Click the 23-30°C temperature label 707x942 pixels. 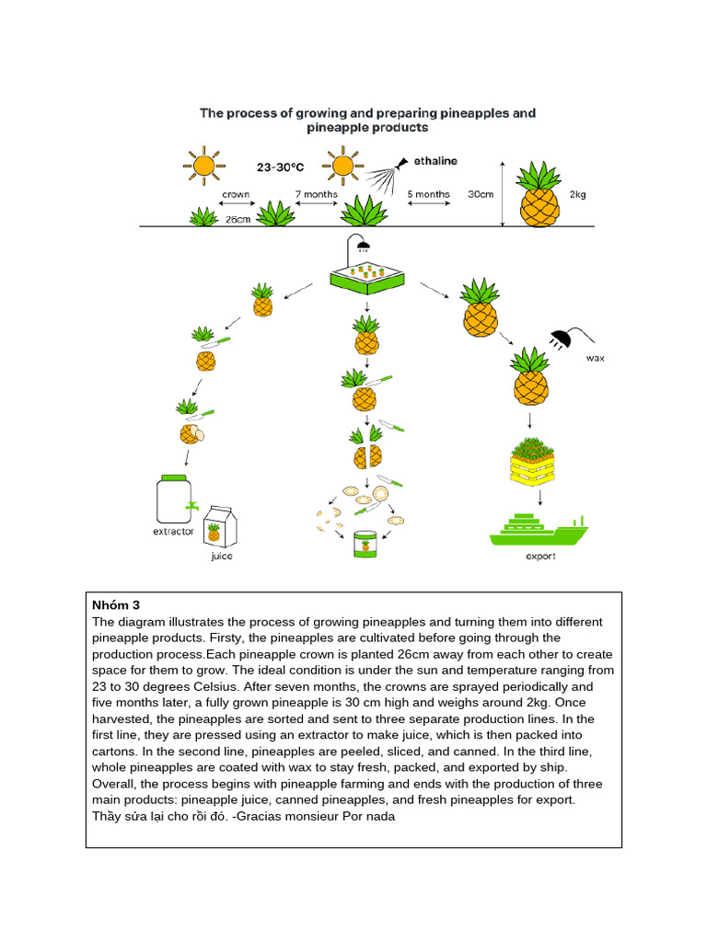(x=280, y=167)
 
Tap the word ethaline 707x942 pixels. (x=435, y=161)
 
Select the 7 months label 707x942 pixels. (x=317, y=194)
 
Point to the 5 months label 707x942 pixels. (x=429, y=194)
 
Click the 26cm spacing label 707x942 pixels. (x=238, y=219)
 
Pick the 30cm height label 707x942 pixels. (x=481, y=194)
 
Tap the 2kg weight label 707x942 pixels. (x=578, y=194)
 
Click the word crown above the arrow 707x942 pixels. (x=236, y=194)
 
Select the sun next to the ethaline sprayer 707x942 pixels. (x=342, y=166)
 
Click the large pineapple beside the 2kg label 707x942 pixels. (x=539, y=194)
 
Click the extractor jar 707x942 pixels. (x=175, y=500)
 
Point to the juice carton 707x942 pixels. (x=220, y=526)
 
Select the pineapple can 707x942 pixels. (x=365, y=545)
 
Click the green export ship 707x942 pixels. (x=539, y=530)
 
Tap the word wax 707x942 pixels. (x=596, y=358)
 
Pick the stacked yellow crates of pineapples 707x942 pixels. (x=532, y=462)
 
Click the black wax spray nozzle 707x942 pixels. (x=561, y=339)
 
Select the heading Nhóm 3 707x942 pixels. (x=116, y=605)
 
